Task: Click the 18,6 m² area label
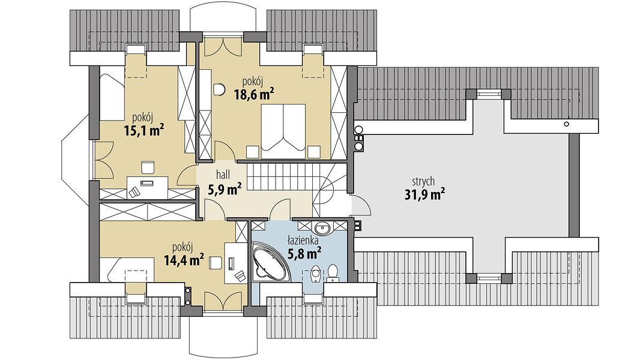coord(253,95)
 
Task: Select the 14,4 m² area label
coord(184,259)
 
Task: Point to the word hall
coord(223,175)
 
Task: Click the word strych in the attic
coord(423,181)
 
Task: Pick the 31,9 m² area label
coord(424,195)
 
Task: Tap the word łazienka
coord(303,241)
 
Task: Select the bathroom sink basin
coord(324,227)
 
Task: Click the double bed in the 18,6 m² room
coord(283,131)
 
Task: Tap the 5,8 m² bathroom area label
coord(304,254)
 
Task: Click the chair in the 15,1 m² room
coord(148,167)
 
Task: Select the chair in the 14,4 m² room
coord(215,263)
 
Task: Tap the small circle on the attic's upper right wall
coord(567,124)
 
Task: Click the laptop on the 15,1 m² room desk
coord(146,182)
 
